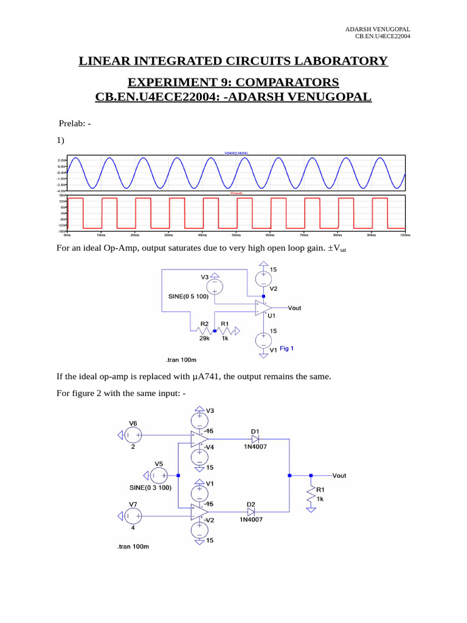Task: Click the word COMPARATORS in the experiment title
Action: [289, 82]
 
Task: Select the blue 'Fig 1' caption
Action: [287, 349]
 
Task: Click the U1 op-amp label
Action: [272, 316]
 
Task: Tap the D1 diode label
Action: [255, 431]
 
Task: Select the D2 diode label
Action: [251, 504]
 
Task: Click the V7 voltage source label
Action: [133, 504]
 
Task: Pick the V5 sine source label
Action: [159, 464]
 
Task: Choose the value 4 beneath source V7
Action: [133, 527]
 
